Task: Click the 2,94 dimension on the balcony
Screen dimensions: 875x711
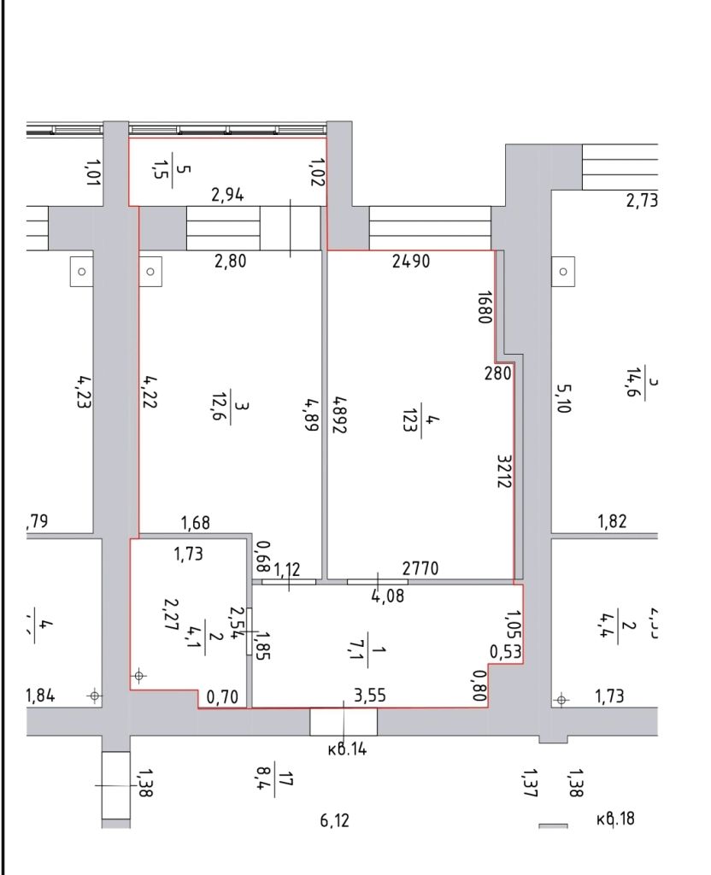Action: (228, 195)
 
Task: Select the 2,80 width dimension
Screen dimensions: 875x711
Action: (230, 261)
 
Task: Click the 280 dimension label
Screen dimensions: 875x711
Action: (498, 373)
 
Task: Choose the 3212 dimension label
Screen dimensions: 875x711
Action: (504, 470)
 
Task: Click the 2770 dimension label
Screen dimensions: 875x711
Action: (421, 567)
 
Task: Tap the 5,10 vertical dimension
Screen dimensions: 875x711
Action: (563, 397)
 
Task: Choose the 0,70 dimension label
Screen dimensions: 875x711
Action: (223, 696)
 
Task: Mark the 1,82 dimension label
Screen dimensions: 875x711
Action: (611, 522)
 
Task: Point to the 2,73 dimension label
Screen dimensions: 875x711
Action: (643, 201)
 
